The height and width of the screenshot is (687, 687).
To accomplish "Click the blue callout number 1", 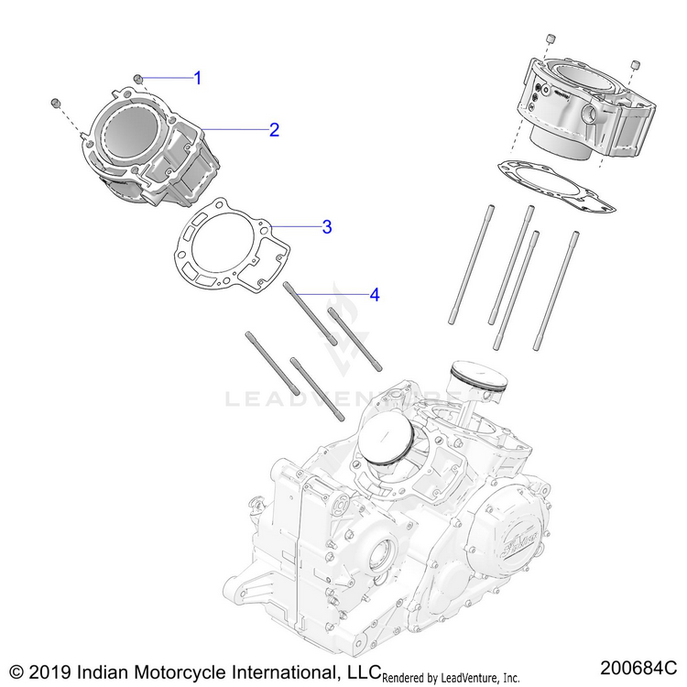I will click(x=197, y=78).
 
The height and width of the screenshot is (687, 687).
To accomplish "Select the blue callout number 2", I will click(x=273, y=130).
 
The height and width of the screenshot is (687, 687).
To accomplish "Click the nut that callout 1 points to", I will click(x=136, y=80).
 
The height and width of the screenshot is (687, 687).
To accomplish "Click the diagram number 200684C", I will click(x=638, y=665).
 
